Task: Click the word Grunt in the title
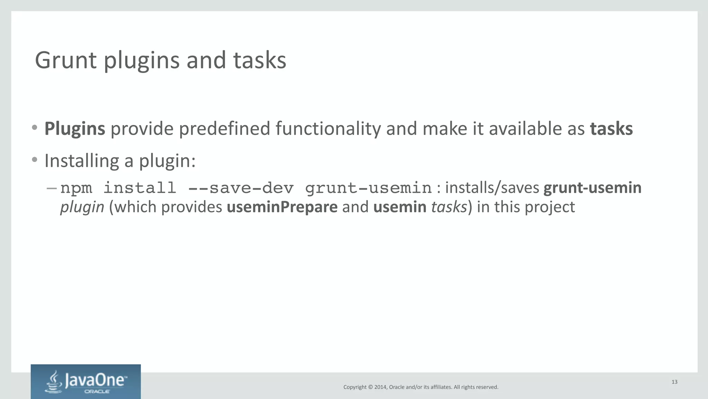(66, 60)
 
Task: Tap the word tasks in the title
(260, 60)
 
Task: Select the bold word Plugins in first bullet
(75, 129)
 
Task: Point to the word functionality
(328, 129)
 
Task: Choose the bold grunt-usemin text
(592, 188)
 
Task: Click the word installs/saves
(492, 188)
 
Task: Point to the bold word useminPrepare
(282, 207)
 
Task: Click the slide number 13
(674, 382)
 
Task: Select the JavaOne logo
(86, 381)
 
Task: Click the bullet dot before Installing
(34, 160)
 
